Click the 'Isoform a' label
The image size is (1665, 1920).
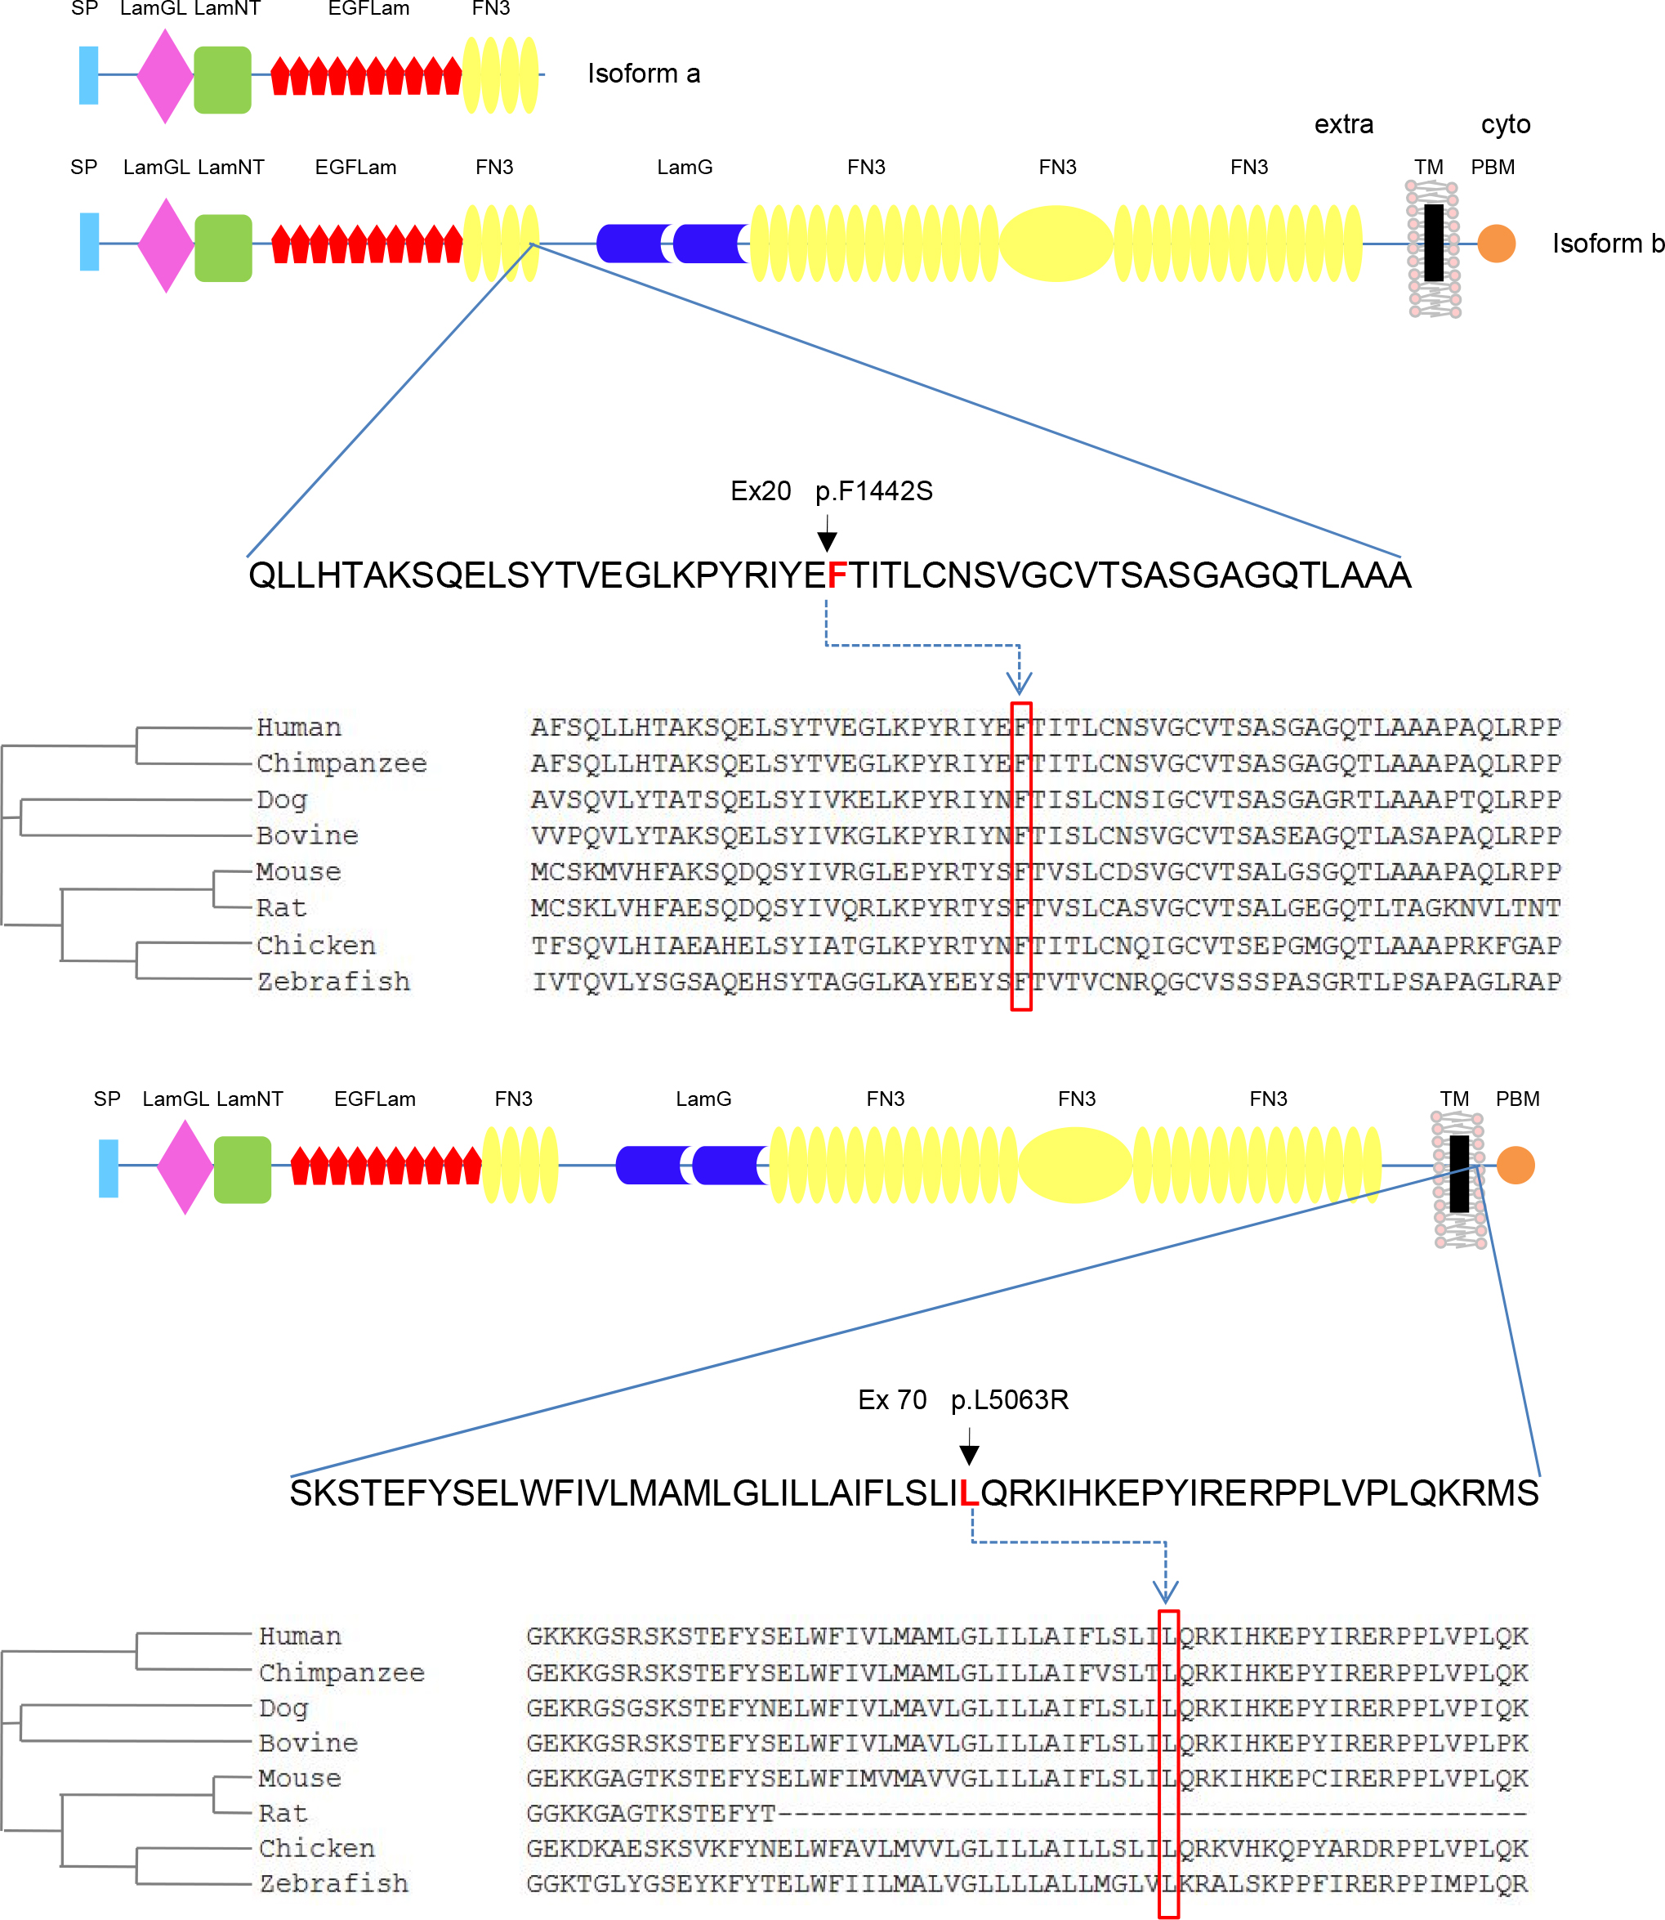point(643,74)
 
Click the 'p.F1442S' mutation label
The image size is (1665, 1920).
point(873,490)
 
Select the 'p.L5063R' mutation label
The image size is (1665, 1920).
point(1009,1399)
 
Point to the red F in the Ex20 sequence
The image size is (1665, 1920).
point(837,576)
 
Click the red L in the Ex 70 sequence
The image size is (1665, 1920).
point(968,1493)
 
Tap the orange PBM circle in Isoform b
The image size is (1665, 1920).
point(1496,244)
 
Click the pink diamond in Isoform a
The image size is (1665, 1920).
point(164,76)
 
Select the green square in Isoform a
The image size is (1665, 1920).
point(222,80)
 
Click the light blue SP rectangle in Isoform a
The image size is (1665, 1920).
point(88,75)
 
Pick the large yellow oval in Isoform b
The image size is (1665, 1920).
point(1056,244)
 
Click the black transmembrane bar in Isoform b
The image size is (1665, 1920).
point(1434,243)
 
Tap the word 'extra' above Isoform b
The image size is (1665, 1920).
point(1344,124)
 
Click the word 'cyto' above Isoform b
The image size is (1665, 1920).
point(1505,124)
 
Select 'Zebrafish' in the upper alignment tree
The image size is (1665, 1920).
point(333,982)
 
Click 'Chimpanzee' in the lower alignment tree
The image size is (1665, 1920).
point(341,1673)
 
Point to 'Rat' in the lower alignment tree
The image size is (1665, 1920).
point(283,1813)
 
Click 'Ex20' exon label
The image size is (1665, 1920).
point(760,490)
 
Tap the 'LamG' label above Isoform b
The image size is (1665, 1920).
point(685,168)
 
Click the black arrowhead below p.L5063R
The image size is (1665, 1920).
point(969,1456)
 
